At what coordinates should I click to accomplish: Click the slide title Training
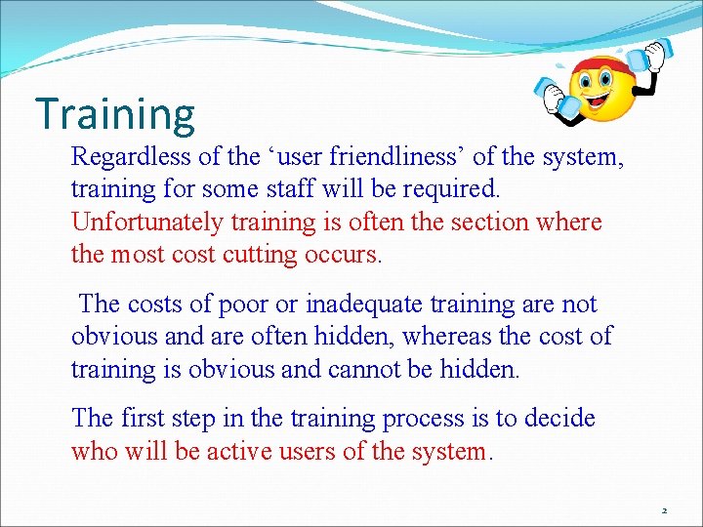(114, 113)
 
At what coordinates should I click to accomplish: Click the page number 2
(663, 510)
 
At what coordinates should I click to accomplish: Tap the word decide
(558, 419)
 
